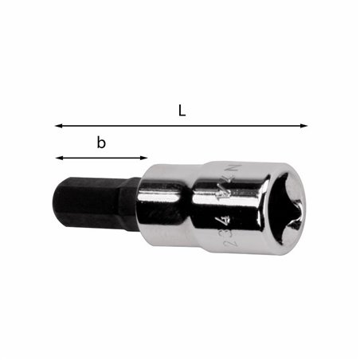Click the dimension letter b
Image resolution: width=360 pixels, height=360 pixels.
tap(101, 143)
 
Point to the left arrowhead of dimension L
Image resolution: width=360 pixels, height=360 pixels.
tap(57, 125)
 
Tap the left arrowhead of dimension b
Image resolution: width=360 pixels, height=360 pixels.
tap(57, 158)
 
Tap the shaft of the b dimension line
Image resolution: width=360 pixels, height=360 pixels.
tap(101, 158)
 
